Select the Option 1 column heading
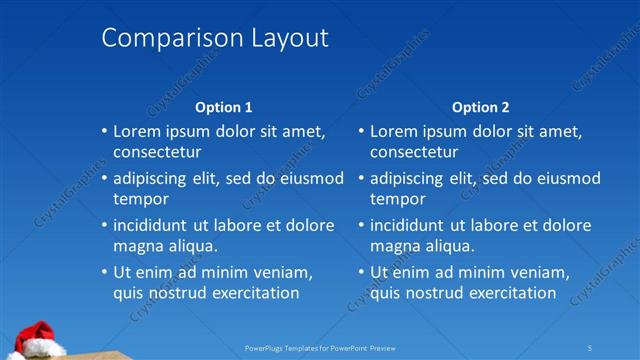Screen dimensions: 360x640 pos(224,107)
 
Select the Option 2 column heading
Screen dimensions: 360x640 pos(481,107)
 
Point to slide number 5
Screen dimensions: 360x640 pos(590,347)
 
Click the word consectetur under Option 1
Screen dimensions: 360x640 pos(157,153)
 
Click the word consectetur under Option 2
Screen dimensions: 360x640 pos(414,153)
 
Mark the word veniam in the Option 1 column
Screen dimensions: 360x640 pos(283,272)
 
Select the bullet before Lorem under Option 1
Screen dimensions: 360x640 pos(104,131)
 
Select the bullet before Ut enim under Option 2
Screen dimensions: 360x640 pos(361,272)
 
